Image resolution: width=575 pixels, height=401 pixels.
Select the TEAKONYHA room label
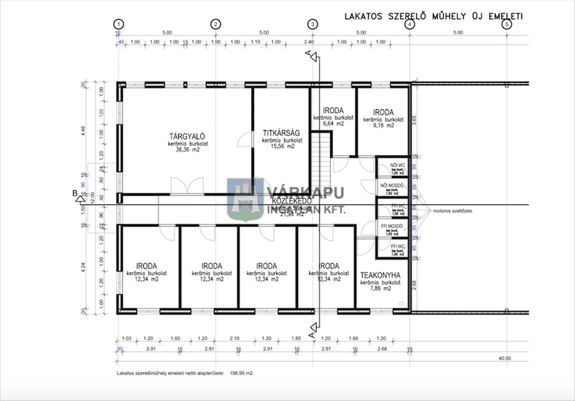380,275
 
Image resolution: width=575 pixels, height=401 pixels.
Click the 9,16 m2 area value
383,126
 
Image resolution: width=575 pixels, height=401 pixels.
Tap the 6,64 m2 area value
333,123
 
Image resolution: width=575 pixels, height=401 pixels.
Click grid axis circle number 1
119,24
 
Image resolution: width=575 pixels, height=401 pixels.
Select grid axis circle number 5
506,24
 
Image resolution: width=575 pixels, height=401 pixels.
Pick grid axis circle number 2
216,24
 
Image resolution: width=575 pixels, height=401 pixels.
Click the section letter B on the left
75,193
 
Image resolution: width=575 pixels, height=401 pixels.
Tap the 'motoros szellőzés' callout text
452,211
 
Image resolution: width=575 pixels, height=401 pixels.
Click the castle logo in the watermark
245,200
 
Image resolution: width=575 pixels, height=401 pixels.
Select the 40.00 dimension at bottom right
505,358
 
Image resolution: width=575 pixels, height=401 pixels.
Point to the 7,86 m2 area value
380,289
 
